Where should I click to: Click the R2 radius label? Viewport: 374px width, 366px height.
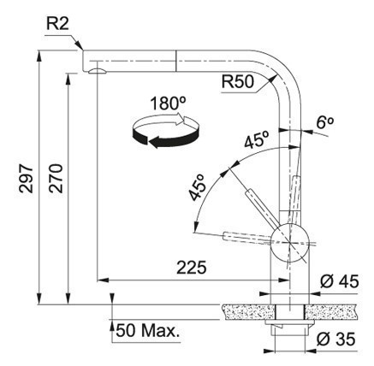(57, 24)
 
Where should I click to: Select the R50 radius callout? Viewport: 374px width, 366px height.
(238, 82)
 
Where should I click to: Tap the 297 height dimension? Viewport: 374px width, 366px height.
(27, 179)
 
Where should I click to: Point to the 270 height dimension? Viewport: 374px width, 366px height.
(56, 179)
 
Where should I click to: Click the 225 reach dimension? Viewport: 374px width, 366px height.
(191, 268)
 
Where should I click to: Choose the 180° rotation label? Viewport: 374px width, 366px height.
(168, 103)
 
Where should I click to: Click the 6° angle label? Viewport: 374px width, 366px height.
(324, 122)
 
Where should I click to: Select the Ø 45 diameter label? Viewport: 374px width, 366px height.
(339, 281)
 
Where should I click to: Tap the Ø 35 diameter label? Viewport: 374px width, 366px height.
(336, 339)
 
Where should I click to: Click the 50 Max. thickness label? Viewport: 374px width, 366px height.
(148, 331)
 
